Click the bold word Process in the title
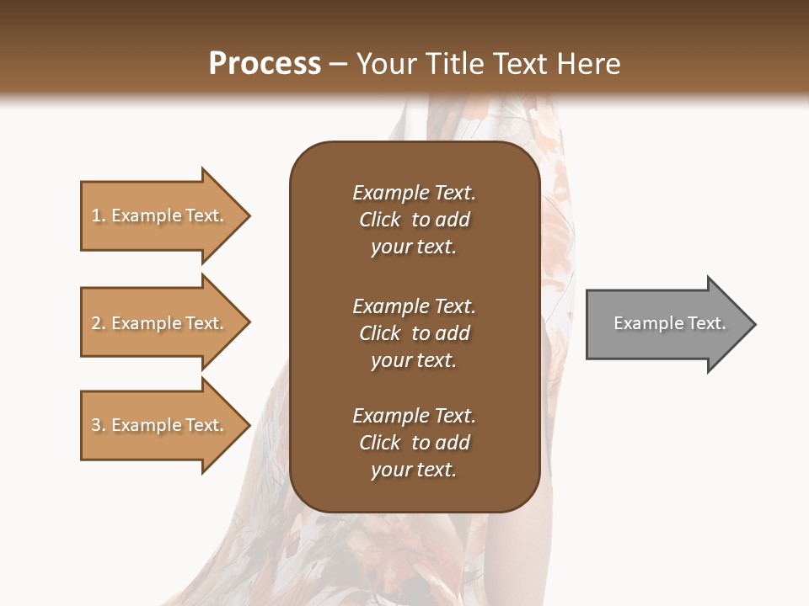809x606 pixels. (265, 64)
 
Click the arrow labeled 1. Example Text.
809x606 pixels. (160, 215)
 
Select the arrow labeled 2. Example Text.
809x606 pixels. (160, 323)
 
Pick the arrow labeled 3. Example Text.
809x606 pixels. (160, 425)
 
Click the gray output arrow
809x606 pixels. (666, 324)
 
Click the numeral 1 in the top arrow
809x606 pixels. (96, 215)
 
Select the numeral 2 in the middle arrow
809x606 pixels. (96, 323)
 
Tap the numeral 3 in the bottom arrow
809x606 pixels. (96, 425)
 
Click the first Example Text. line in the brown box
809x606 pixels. (414, 193)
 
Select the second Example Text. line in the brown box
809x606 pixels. (414, 306)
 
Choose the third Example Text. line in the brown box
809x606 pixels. (414, 416)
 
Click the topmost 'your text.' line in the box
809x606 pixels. (414, 247)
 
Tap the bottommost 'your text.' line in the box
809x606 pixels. (414, 470)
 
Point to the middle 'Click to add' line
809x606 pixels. (414, 333)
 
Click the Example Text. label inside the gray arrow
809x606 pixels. (669, 323)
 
